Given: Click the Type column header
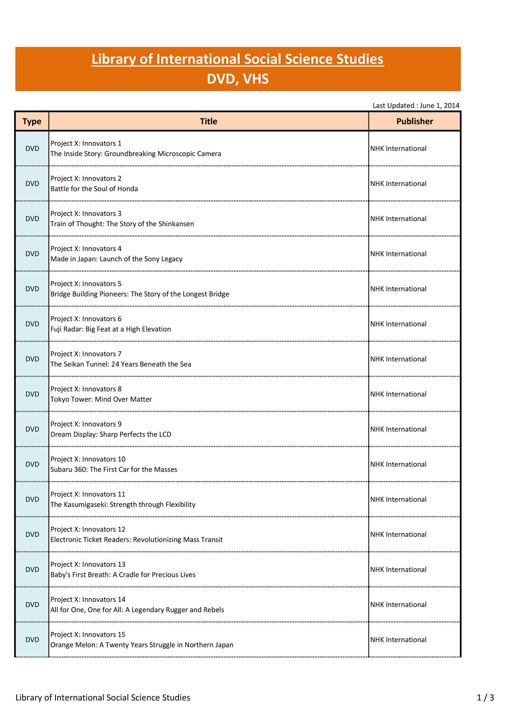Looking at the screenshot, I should (32, 121).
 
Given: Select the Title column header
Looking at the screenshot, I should (208, 121).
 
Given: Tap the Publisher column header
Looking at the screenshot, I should (414, 121).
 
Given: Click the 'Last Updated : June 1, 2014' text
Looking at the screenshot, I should (416, 105).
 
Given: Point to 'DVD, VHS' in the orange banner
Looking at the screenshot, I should (238, 79).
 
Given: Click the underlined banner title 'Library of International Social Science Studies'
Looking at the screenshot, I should (238, 59).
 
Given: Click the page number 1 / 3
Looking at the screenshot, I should (485, 697).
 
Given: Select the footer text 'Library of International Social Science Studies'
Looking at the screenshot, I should (103, 697).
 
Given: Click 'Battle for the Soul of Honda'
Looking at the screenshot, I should (94, 189).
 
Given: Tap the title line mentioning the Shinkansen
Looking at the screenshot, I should (122, 224).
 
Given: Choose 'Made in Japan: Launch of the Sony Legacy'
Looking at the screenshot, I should (116, 259).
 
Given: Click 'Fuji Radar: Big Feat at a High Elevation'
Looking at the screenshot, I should (111, 329).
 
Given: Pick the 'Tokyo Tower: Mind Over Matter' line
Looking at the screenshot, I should (101, 399).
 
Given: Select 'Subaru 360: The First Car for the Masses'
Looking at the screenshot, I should (114, 469).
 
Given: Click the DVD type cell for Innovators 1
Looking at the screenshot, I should (32, 148).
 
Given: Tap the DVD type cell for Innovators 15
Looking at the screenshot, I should (32, 640).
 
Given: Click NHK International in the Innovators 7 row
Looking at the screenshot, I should (398, 359).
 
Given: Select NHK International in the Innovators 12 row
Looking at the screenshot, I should (398, 534).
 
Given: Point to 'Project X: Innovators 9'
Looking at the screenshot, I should (86, 424).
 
